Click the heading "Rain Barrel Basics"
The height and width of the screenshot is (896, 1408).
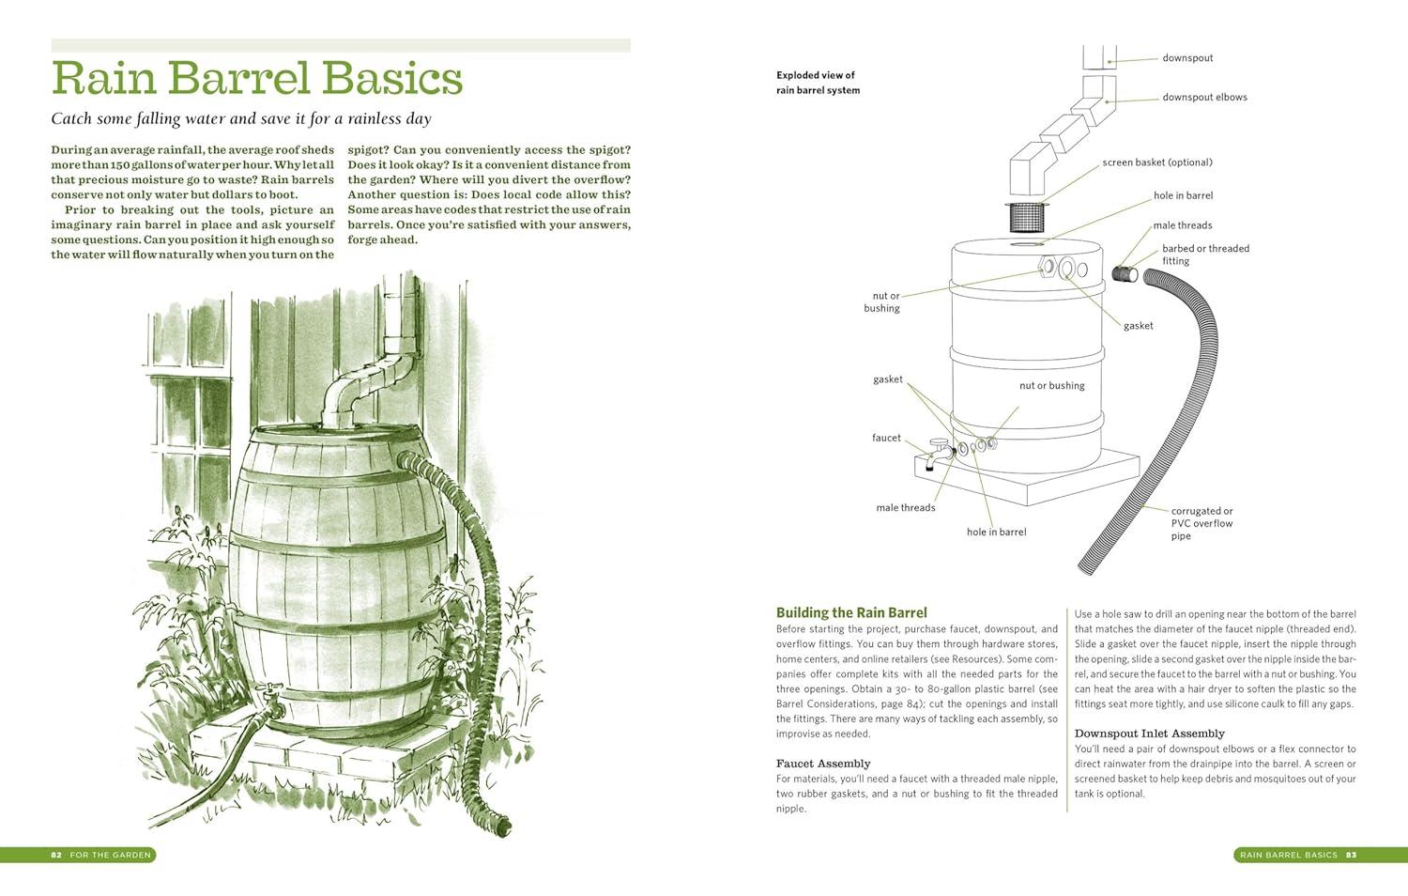(x=256, y=79)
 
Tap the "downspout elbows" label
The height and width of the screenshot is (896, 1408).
(x=1204, y=97)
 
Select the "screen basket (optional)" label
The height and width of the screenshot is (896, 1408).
(x=1156, y=162)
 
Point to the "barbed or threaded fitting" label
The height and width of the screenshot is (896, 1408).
(x=1204, y=255)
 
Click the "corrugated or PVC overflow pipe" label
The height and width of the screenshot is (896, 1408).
(x=1201, y=523)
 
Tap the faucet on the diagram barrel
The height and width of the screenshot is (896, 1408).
(x=939, y=452)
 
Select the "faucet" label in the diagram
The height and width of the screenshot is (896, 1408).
(x=885, y=438)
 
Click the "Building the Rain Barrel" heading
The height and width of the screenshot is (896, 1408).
(x=851, y=612)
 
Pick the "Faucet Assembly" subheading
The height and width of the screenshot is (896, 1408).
(x=823, y=764)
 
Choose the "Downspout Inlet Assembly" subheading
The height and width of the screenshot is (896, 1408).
(x=1149, y=734)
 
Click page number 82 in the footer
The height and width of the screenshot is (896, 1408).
(x=56, y=855)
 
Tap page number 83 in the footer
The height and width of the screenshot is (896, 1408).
(x=1351, y=855)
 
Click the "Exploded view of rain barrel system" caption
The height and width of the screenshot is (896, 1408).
(x=817, y=83)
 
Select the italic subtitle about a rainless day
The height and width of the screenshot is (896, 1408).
(x=240, y=119)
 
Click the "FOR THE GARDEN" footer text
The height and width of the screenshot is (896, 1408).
(x=110, y=855)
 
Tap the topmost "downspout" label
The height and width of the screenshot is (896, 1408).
(x=1186, y=58)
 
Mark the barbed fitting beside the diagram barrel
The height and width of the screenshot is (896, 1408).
(x=1125, y=273)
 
